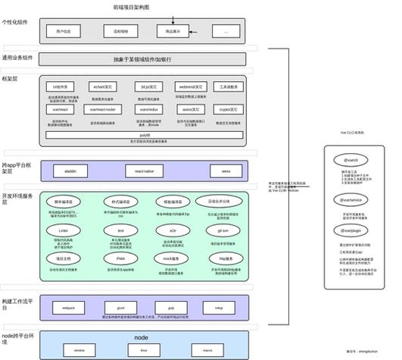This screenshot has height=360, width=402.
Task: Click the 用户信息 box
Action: pos(64,31)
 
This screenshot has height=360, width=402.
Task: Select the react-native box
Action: pos(144,171)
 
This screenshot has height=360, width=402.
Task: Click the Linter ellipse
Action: pos(64,229)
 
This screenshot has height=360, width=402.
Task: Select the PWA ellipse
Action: pos(120,258)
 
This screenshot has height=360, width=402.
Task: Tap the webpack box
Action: pos(68,308)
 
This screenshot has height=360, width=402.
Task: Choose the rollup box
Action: pos(218,308)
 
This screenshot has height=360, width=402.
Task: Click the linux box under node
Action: pos(144,351)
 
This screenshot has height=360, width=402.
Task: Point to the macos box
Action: pos(207,351)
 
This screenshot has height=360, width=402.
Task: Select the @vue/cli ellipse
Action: pos(351,161)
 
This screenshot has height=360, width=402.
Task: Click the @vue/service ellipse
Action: pos(351,200)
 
